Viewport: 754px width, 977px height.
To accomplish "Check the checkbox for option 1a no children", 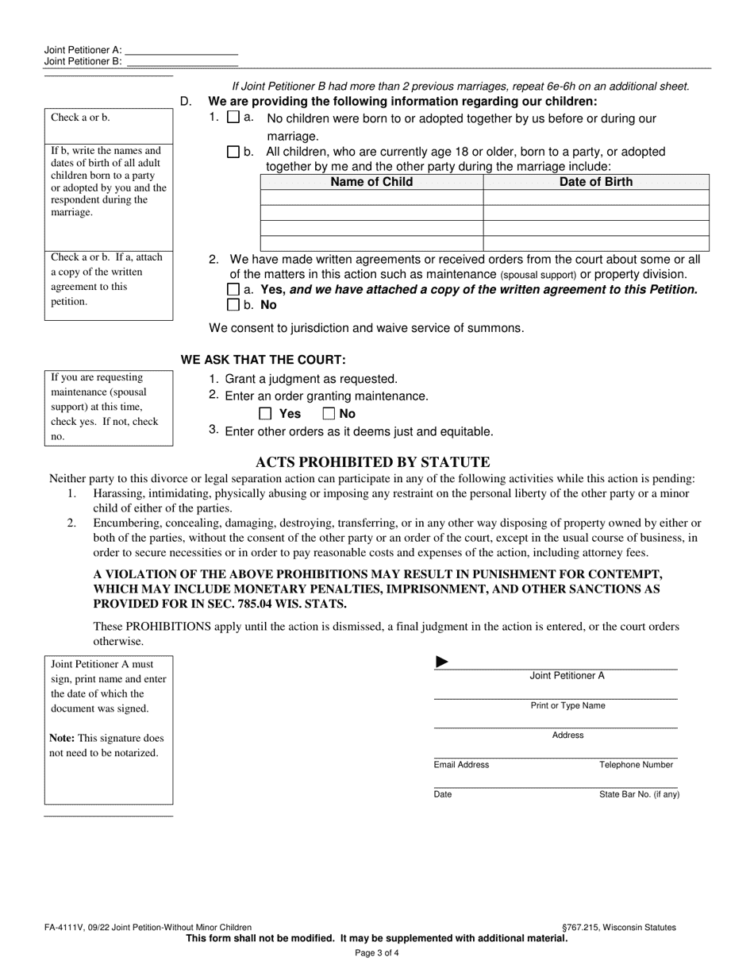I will (x=233, y=118).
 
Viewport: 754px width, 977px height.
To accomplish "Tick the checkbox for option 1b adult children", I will (x=233, y=152).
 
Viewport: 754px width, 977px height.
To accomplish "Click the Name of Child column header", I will (x=371, y=182).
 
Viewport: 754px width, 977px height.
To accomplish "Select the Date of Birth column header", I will (x=596, y=182).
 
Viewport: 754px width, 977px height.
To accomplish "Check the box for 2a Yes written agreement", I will (x=233, y=290).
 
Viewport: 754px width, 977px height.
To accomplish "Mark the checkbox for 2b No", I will (x=233, y=305).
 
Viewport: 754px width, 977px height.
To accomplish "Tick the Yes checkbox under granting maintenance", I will (x=266, y=414).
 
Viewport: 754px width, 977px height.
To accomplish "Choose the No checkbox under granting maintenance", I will (x=329, y=414).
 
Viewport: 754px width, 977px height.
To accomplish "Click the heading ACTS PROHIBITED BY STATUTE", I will (x=372, y=462).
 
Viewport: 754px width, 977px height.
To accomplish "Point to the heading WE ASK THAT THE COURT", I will (x=264, y=360).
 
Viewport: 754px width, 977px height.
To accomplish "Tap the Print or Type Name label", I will (x=567, y=705).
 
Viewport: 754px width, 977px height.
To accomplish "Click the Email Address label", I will (x=461, y=765).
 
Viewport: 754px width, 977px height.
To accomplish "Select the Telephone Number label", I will (x=636, y=765).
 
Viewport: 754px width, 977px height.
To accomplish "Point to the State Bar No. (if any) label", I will (x=639, y=794).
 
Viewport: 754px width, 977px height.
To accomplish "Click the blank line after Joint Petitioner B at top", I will (x=182, y=61).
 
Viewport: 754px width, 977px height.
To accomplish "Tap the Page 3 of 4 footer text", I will (x=377, y=952).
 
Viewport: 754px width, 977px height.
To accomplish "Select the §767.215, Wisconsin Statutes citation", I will (x=618, y=927).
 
